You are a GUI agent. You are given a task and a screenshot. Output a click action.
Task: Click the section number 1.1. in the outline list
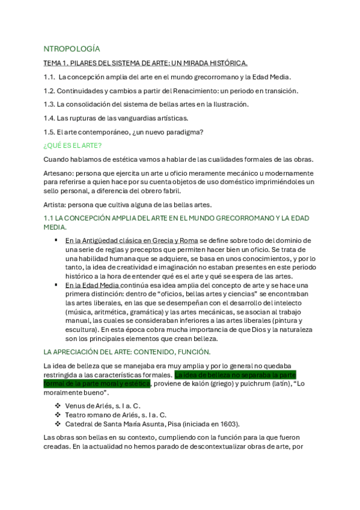coord(50,77)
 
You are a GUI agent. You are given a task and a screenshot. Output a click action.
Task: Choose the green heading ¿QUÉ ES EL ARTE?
coord(72,145)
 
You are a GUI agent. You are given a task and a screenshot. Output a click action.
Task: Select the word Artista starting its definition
coord(54,204)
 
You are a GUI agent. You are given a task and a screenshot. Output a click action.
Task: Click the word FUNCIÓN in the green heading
coord(188,351)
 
